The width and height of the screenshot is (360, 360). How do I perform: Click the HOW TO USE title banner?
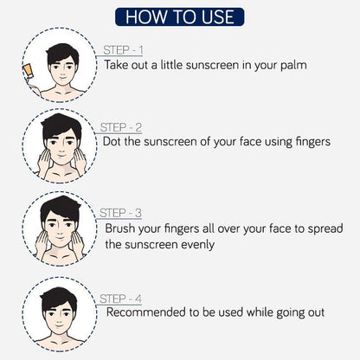[180, 17]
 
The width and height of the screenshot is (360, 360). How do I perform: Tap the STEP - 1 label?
[123, 50]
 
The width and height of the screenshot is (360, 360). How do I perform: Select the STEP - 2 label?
[121, 127]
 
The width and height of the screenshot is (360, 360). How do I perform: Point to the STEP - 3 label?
[120, 213]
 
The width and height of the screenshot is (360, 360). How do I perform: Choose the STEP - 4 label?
[120, 299]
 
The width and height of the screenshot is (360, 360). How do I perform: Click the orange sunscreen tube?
[28, 71]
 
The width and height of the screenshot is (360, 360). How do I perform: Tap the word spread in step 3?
[325, 229]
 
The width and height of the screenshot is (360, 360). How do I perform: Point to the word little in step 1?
[171, 65]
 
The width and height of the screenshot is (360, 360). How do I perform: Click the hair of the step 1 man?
[61, 54]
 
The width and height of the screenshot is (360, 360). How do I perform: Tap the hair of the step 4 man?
[59, 297]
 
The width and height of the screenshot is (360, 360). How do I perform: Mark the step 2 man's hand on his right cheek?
[44, 162]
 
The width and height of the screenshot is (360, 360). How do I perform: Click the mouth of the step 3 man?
[60, 238]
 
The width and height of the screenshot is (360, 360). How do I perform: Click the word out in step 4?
[316, 312]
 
